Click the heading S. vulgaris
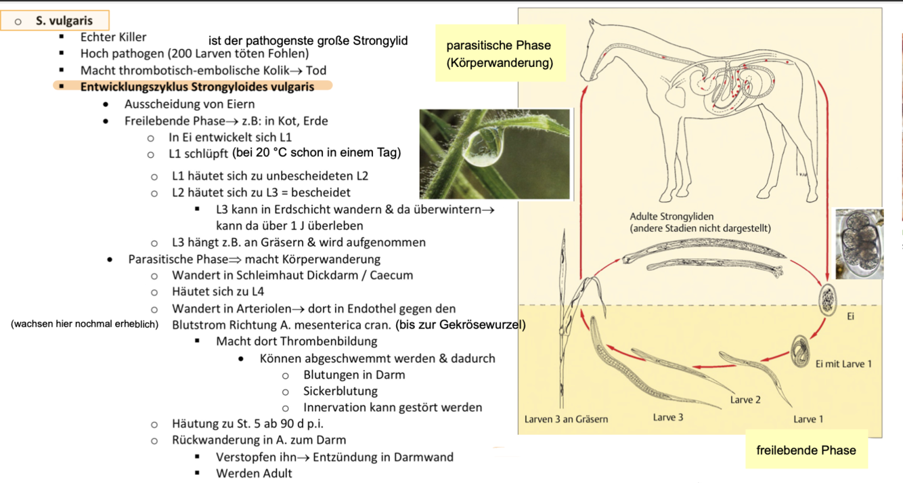point(64,21)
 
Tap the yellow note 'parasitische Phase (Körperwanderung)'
point(499,54)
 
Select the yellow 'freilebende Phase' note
point(806,450)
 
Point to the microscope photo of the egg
point(859,243)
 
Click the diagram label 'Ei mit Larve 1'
point(843,364)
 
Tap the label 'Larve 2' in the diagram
point(745,400)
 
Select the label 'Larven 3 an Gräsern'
point(566,419)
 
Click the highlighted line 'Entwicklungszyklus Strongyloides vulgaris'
point(197,87)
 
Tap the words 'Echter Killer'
point(113,37)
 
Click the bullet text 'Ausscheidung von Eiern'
point(190,104)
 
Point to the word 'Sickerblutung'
point(340,391)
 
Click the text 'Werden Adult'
point(254,473)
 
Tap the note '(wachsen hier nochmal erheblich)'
point(85,324)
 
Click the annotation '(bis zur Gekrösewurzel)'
point(460,324)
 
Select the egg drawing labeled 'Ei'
point(828,298)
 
